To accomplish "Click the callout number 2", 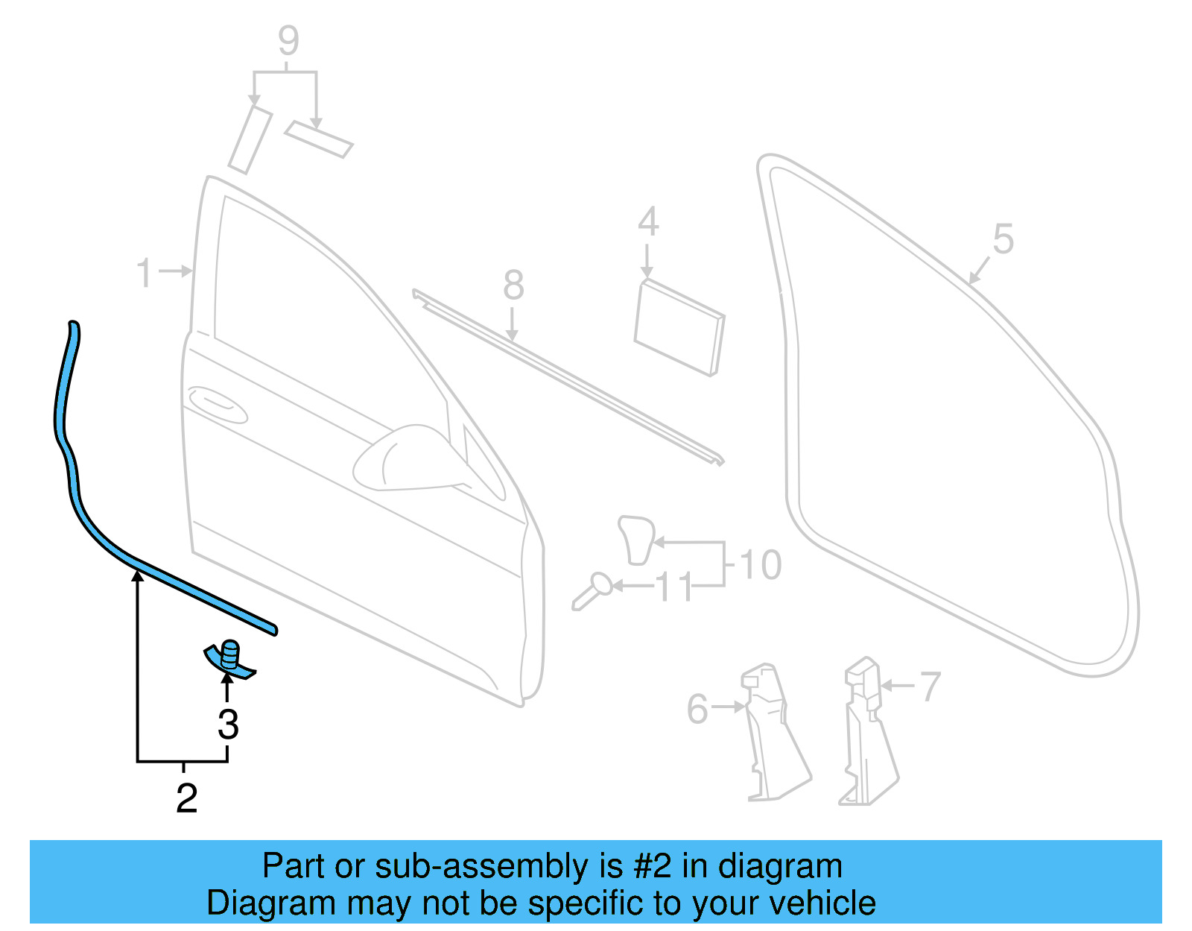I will pyautogui.click(x=187, y=799).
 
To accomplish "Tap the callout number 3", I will pyautogui.click(x=228, y=725).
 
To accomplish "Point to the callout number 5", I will pyautogui.click(x=1003, y=240).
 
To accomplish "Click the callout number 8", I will pyautogui.click(x=513, y=285).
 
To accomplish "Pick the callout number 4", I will pyautogui.click(x=648, y=222).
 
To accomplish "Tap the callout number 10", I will pyautogui.click(x=761, y=565).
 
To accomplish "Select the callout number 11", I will pyautogui.click(x=674, y=588).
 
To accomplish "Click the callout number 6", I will pyautogui.click(x=697, y=709).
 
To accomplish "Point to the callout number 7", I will pyautogui.click(x=931, y=687).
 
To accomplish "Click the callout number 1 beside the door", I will pyautogui.click(x=145, y=274).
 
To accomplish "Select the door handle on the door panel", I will pyautogui.click(x=218, y=401).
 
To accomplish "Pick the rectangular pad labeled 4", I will pyautogui.click(x=679, y=327).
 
